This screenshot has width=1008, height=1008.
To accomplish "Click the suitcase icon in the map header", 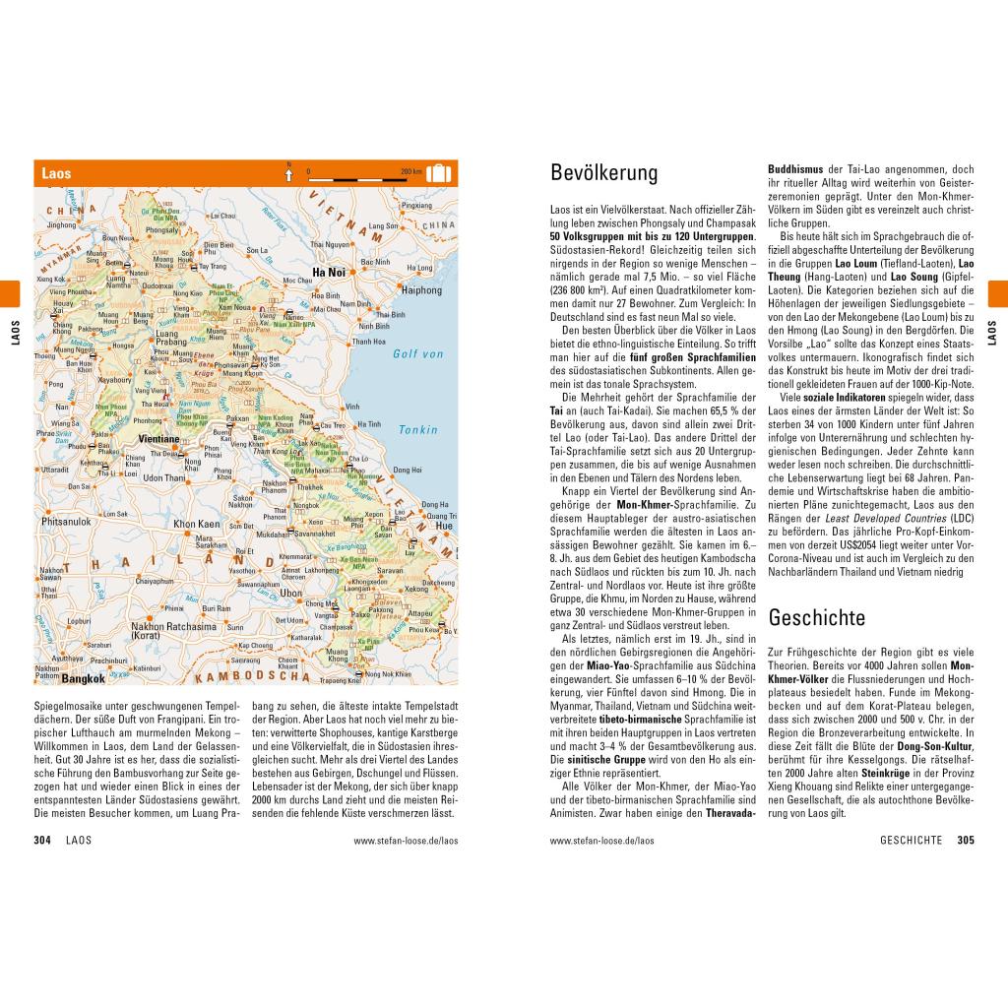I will coord(438,174).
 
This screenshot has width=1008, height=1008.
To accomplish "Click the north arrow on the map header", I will coord(288,174).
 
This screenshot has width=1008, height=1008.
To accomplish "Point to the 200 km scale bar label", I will coord(410,170).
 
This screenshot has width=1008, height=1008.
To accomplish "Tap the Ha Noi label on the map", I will coord(329,272).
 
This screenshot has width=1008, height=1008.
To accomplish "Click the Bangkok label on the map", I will coord(83,678).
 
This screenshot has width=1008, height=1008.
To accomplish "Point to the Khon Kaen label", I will coord(197,524).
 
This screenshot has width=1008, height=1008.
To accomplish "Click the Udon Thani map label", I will coord(164,478).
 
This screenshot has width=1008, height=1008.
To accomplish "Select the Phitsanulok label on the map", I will coord(66,521).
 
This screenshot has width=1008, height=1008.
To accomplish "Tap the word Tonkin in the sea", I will coord(418,429).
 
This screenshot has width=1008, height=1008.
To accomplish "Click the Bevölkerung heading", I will coord(603,174).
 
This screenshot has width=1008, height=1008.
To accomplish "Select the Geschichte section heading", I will coord(816,618).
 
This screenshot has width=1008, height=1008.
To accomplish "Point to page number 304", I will coord(42,841).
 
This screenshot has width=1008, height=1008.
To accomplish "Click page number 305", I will coord(965,841).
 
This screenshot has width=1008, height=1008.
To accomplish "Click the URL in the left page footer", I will coord(406,841).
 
